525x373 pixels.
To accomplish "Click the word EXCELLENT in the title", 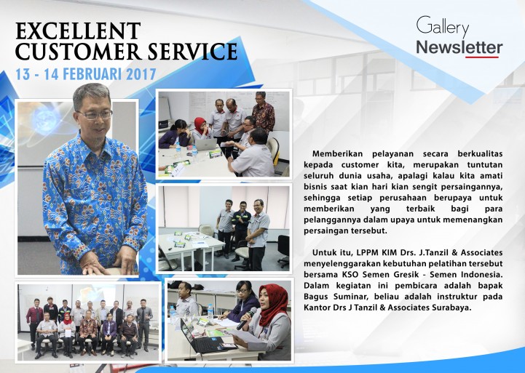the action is [x=78, y=31].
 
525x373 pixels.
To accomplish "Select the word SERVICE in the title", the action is [x=192, y=52].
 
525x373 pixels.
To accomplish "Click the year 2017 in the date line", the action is [x=141, y=74].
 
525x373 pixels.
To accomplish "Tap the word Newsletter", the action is [x=459, y=47].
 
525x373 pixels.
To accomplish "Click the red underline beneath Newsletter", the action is [x=482, y=57].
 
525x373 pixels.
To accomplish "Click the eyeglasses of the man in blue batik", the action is [x=95, y=115].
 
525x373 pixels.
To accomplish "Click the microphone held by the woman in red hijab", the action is [x=247, y=318].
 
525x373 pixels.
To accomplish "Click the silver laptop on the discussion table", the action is [x=206, y=145].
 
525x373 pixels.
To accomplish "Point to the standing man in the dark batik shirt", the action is [x=263, y=112].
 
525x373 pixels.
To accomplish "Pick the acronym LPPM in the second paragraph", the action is [x=367, y=252].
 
